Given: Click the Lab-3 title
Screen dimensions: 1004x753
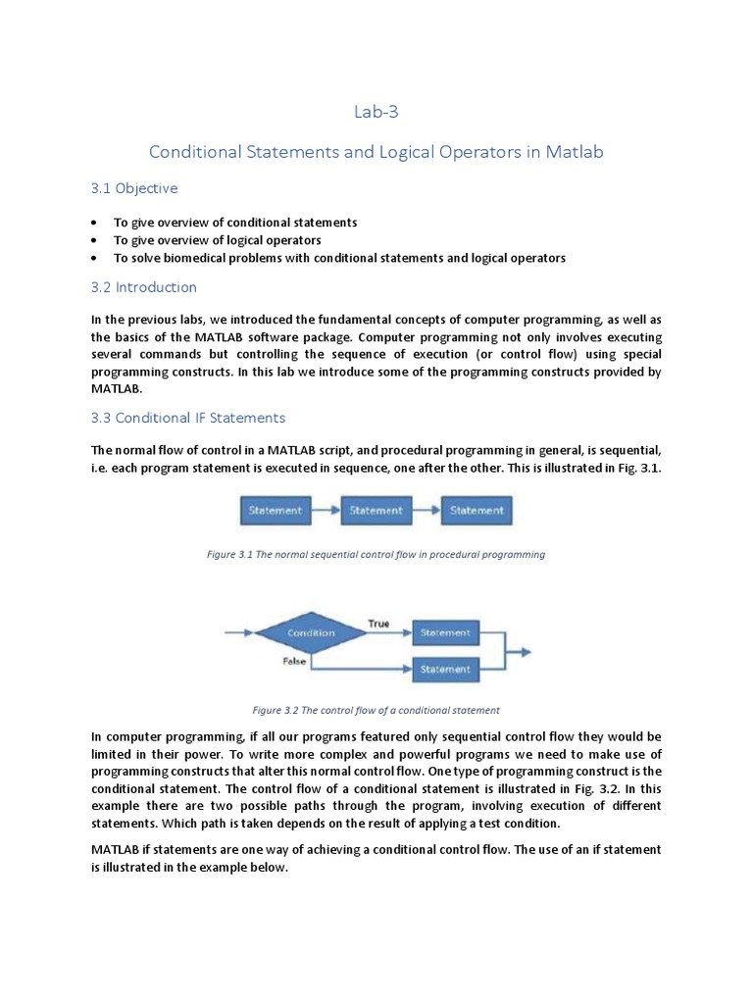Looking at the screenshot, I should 376,112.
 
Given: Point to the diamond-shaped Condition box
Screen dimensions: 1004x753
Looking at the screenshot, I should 311,633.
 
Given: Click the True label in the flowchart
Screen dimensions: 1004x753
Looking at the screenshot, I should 378,624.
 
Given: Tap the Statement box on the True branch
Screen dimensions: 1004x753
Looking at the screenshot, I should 445,633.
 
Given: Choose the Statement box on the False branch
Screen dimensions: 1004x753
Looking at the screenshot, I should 445,670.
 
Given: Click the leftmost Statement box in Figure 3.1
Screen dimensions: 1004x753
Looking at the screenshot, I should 276,510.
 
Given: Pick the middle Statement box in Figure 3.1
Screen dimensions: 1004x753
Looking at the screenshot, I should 376,510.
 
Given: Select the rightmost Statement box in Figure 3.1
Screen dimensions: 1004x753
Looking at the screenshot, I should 477,510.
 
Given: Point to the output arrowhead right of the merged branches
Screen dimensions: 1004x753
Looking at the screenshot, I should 526,651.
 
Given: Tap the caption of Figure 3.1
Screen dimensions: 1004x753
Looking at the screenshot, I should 376,554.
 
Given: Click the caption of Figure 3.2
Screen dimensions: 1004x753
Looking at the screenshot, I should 376,710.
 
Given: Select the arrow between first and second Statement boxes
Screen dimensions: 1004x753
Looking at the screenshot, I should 326,510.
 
